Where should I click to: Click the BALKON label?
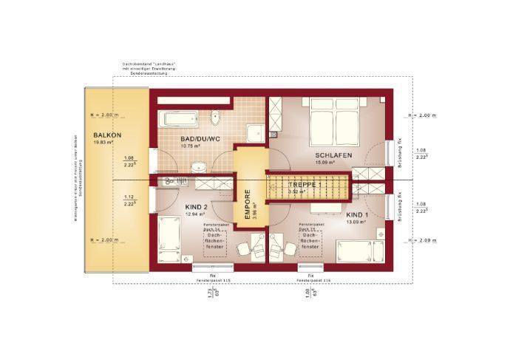[x=107, y=135]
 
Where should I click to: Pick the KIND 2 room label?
[x=196, y=207]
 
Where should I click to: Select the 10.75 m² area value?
[x=191, y=146]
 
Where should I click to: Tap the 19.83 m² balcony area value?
[x=102, y=142]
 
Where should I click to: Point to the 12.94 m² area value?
[x=194, y=214]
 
